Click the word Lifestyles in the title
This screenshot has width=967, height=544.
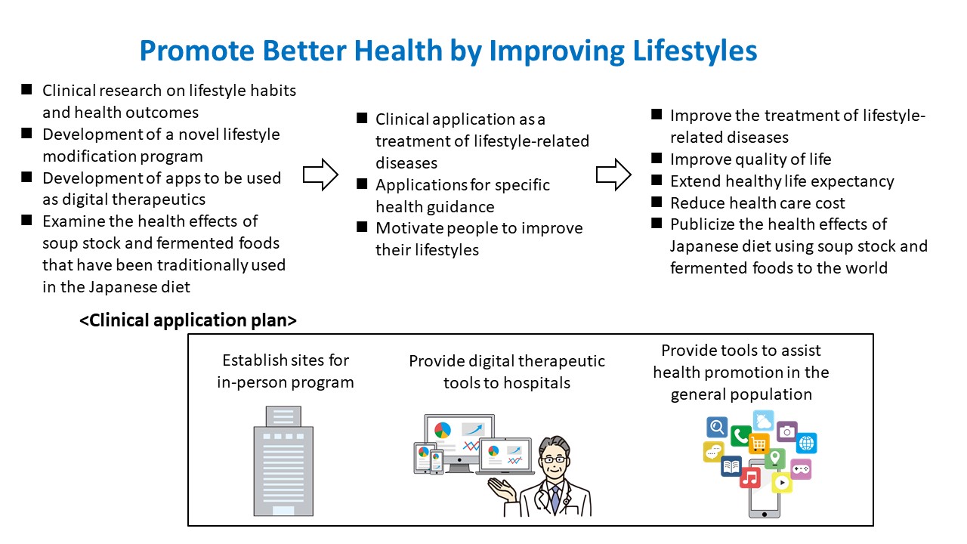[x=694, y=51]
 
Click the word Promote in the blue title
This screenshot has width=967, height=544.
[x=197, y=51]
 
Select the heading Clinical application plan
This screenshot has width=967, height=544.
[x=188, y=320]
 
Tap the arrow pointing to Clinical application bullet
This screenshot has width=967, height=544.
[x=320, y=175]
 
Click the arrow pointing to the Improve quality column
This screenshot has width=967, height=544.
[x=613, y=175]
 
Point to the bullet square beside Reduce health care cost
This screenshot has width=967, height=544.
[x=657, y=202]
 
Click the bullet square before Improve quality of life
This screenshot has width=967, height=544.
[x=657, y=158]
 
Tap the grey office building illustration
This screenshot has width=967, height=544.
[x=283, y=461]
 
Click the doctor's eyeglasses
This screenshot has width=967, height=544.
[x=555, y=459]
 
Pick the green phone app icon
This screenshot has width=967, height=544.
[x=740, y=436]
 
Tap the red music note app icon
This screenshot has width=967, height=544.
[x=750, y=478]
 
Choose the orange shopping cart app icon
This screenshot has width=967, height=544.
[x=759, y=444]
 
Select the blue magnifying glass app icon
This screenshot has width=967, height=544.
[x=717, y=427]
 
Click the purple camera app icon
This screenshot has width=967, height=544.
[x=787, y=431]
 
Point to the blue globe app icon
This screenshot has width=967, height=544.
[x=806, y=443]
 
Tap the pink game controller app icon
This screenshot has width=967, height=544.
[x=802, y=469]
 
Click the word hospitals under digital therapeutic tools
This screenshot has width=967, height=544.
[x=536, y=383]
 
